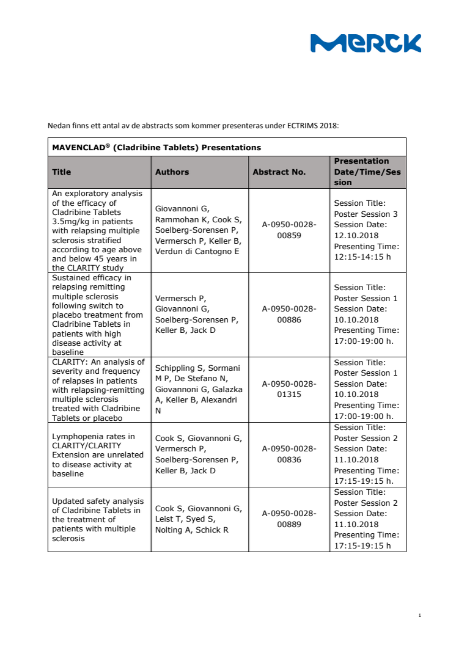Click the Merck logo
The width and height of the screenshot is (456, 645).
point(366,43)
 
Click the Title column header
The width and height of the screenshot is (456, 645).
point(62,172)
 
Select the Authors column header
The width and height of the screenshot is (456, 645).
point(172,172)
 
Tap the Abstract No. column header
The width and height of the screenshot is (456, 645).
point(279,172)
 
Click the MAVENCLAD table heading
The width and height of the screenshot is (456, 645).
point(156,147)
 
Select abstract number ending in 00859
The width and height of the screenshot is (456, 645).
point(289,230)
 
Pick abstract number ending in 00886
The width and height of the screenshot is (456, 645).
point(289,315)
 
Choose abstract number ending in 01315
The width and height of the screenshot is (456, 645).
point(289,389)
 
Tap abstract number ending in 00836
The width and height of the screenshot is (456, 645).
point(289,454)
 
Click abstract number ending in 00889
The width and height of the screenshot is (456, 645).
point(289,519)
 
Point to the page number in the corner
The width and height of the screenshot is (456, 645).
point(420,615)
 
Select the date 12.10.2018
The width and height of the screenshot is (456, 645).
point(356,236)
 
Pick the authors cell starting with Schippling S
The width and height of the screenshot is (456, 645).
point(198,389)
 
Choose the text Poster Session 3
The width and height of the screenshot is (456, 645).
point(366,214)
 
